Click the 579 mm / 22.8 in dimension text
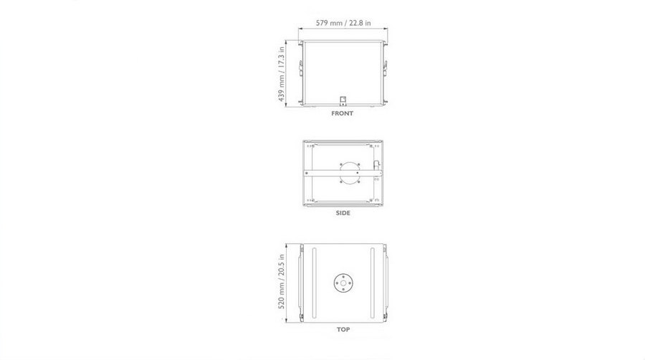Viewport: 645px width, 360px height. tap(343, 23)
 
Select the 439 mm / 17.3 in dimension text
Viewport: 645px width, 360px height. tap(282, 74)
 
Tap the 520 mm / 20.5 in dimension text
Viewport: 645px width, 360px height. tap(282, 281)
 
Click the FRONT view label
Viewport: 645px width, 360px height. tap(343, 113)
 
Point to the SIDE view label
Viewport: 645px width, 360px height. tap(343, 213)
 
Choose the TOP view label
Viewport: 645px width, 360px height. tap(343, 329)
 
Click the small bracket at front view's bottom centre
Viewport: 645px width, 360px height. tap(343, 100)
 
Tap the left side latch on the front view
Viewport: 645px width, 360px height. tap(301, 68)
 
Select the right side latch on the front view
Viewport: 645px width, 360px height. tap(386, 68)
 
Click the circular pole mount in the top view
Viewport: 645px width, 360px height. tap(343, 283)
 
